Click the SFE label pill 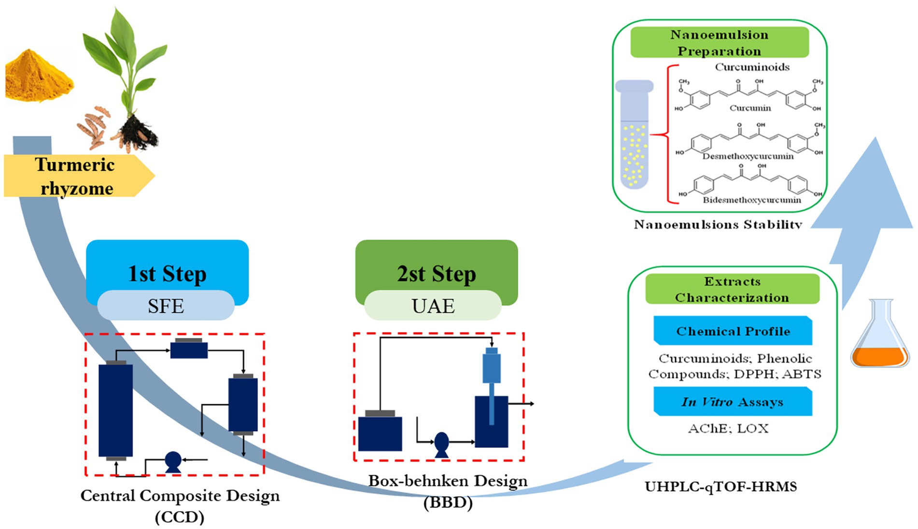(166, 306)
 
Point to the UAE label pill (433, 306)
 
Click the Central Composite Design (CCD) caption (180, 506)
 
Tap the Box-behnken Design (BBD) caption (448, 491)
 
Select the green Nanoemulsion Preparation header (719, 42)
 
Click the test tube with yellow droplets (634, 135)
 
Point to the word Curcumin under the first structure (750, 108)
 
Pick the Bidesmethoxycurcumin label (752, 200)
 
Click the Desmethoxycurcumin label (748, 156)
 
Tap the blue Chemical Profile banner (733, 331)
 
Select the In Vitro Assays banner (733, 402)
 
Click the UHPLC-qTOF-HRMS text (720, 487)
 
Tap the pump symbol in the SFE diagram (173, 462)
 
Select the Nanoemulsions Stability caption (718, 224)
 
